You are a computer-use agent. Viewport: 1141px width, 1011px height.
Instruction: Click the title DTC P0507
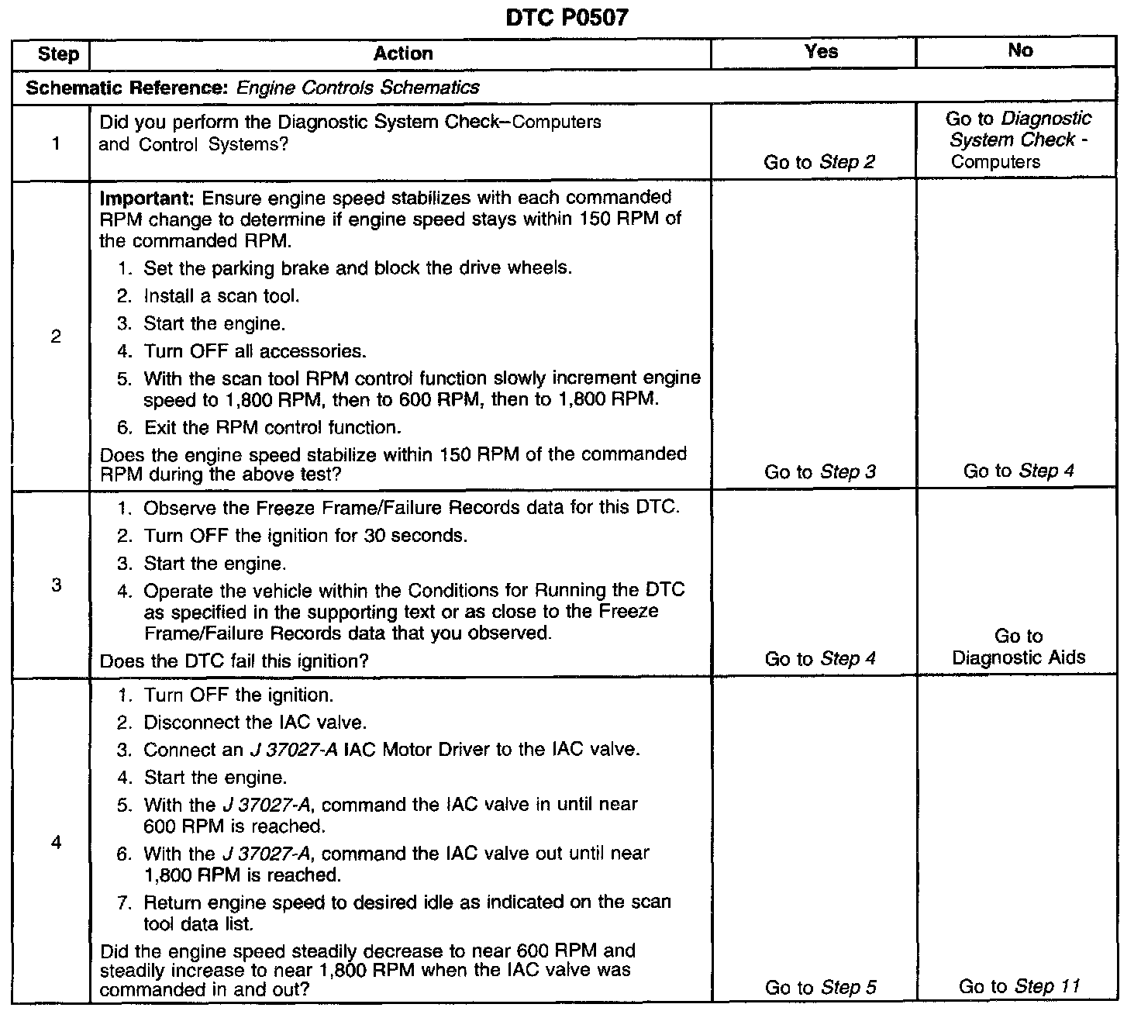(x=566, y=18)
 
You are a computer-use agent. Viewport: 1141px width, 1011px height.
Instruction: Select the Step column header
(x=58, y=54)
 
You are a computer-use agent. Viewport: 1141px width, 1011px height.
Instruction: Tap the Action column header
(x=402, y=53)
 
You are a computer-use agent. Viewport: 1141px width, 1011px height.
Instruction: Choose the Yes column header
(x=821, y=52)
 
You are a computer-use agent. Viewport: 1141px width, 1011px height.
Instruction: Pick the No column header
(x=1020, y=51)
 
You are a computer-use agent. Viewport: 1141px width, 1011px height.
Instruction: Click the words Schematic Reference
(x=124, y=88)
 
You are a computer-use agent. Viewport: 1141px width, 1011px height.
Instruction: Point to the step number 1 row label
(x=57, y=143)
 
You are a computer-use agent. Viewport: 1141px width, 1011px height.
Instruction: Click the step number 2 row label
(x=56, y=337)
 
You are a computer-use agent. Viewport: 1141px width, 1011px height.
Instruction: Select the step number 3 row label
(x=57, y=585)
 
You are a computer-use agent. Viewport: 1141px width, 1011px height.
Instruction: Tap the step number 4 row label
(x=57, y=842)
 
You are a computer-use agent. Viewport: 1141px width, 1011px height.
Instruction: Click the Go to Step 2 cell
(x=819, y=162)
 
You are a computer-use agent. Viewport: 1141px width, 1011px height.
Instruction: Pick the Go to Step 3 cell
(x=819, y=472)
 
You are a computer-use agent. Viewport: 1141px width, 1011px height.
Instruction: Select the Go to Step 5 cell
(x=820, y=988)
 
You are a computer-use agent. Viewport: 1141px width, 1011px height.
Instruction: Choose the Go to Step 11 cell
(x=1019, y=987)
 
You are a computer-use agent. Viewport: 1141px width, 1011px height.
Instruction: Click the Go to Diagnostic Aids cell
(x=1019, y=647)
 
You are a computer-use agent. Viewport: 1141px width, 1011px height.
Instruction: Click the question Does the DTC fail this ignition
(x=234, y=661)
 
